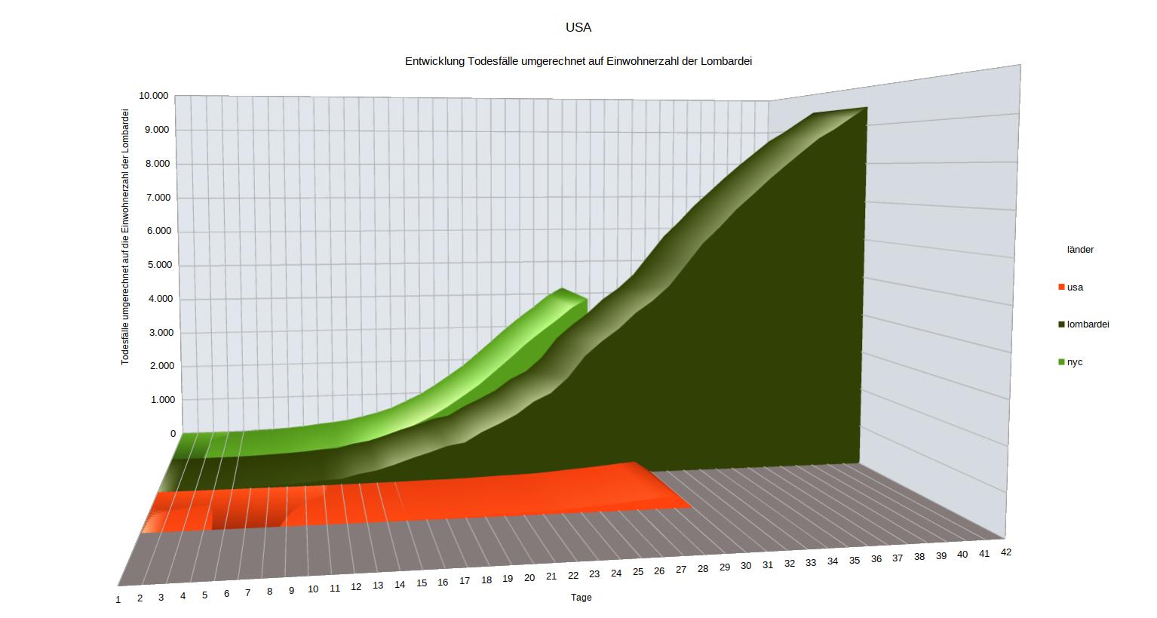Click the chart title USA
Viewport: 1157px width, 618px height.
578,28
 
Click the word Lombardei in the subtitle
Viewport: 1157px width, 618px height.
726,61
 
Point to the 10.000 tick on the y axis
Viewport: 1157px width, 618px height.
153,96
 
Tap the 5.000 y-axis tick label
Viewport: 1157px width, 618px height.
158,265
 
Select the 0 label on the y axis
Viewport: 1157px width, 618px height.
173,434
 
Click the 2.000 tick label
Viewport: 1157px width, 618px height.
158,366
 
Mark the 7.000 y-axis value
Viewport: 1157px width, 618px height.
158,198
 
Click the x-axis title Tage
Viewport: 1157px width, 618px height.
581,598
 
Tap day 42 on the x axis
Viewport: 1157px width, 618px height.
1006,552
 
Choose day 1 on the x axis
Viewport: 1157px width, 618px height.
118,600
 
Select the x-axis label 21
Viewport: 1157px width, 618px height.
551,576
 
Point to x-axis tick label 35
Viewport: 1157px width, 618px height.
855,561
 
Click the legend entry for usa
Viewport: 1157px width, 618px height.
1075,287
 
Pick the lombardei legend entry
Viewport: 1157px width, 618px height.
1088,324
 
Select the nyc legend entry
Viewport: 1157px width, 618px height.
1075,362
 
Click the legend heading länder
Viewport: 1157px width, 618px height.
1080,250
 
